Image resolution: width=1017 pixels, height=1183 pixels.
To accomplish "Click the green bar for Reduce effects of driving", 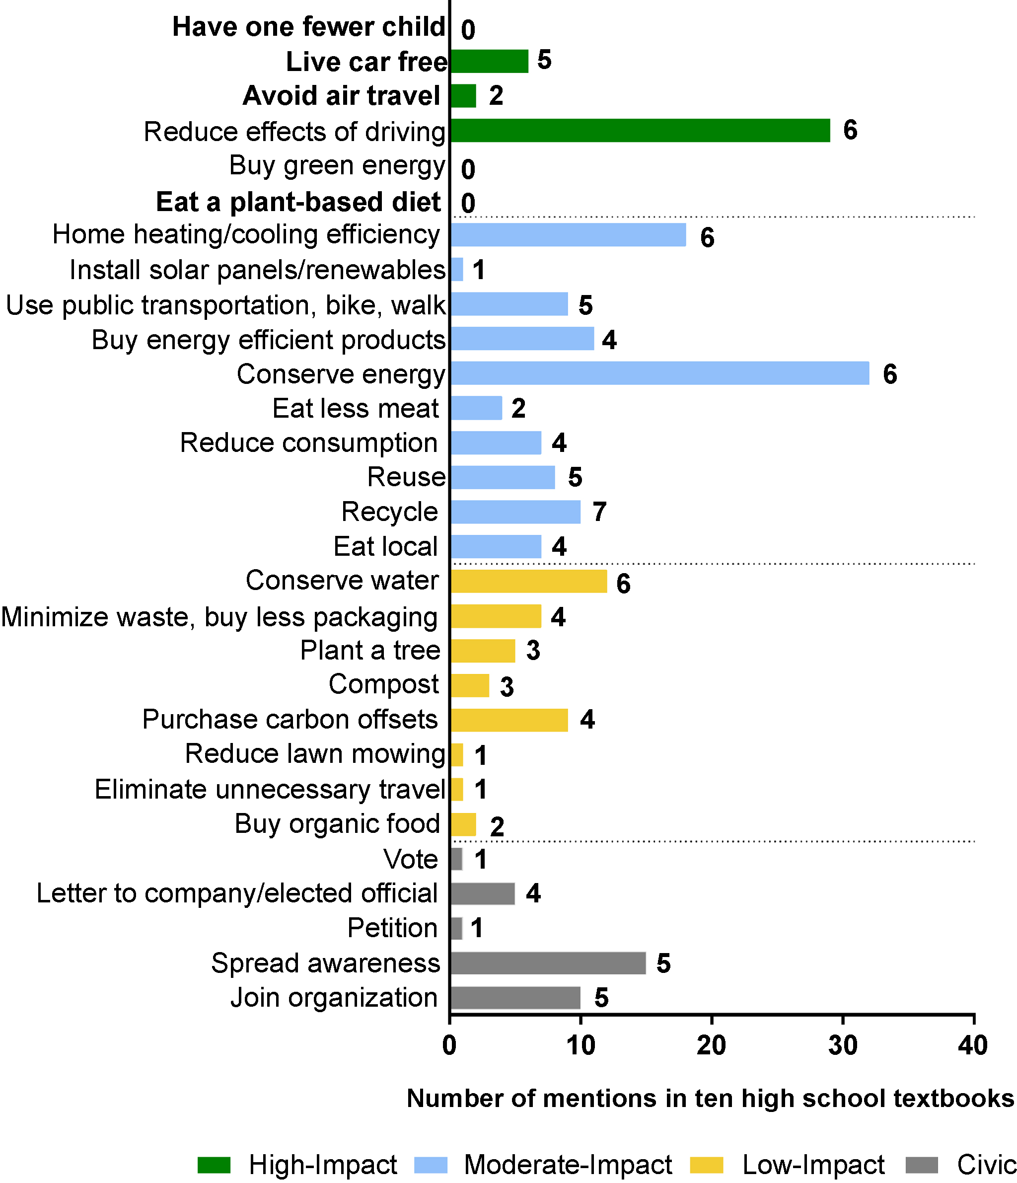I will pos(640,130).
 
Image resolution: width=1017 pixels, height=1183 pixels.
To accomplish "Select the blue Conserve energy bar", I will pos(659,373).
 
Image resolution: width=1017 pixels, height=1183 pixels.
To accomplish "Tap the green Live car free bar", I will pos(489,61).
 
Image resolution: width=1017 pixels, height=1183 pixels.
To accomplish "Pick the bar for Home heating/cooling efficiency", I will pos(568,234).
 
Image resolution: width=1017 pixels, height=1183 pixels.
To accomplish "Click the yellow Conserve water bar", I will pos(528,581).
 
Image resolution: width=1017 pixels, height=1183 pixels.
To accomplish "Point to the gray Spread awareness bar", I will pos(548,962).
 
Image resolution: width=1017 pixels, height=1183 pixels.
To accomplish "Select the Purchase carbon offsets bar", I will pos(509,720).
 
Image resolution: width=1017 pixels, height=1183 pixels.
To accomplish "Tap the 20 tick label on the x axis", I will pos(712,1045).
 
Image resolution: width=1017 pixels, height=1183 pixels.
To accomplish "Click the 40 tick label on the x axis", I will pos(973,1045).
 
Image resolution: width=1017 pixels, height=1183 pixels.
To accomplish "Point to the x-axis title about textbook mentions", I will pos(710,1098).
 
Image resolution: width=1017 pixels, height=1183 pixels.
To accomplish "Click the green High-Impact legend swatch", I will pos(214,1165).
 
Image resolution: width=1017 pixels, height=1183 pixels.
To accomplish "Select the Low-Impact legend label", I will pos(813,1165).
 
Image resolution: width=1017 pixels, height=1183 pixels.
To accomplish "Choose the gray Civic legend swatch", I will pos(922,1165).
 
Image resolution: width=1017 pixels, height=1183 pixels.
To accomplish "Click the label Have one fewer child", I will pos(308,27).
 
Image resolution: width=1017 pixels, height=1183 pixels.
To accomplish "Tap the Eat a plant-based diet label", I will pos(298,202).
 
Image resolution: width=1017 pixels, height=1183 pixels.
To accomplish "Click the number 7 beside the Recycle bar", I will pos(599,512).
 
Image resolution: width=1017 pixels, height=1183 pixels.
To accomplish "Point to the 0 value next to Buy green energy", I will pos(468,169).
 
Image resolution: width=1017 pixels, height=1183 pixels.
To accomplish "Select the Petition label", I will pos(392,928).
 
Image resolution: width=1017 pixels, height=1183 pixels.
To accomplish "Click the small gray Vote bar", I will pos(456,859).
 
